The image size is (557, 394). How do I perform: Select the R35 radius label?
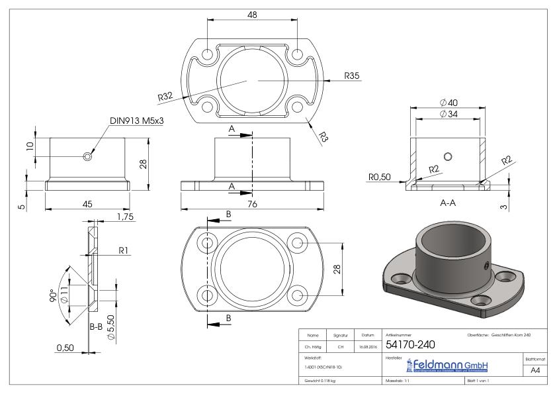click(x=351, y=76)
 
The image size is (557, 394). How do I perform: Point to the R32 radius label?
click(x=165, y=97)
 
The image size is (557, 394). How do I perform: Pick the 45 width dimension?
click(x=87, y=204)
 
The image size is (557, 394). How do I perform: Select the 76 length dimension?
click(x=251, y=204)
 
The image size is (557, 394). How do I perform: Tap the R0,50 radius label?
click(x=379, y=177)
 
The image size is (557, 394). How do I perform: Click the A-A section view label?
click(x=448, y=204)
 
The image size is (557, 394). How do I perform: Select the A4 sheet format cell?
click(x=536, y=371)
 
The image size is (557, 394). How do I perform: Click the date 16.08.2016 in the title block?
click(x=367, y=345)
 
